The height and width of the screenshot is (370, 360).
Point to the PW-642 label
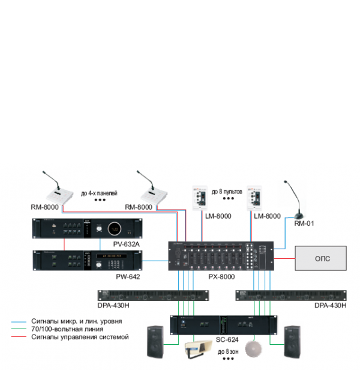pyautogui.click(x=128, y=276)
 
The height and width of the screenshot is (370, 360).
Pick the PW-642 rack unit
pyautogui.click(x=87, y=260)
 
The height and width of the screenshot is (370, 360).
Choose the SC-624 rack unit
pyautogui.click(x=223, y=324)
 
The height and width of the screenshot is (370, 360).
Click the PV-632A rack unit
pyautogui.click(x=87, y=229)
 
